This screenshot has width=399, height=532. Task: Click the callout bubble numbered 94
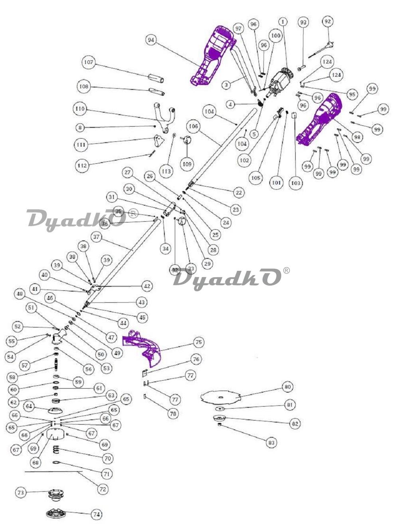(x=151, y=40)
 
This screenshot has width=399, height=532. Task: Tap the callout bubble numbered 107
(x=89, y=62)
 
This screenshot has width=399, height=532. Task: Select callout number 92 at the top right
(x=328, y=21)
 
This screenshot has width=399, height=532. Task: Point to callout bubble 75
(x=198, y=342)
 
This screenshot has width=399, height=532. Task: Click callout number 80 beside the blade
(x=287, y=387)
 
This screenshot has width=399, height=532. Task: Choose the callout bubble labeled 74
(x=97, y=515)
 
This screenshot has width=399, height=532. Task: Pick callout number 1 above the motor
(x=283, y=22)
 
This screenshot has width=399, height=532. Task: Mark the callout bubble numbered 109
(x=187, y=164)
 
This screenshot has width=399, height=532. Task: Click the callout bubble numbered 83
(x=271, y=443)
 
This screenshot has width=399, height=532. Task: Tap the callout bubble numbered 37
(x=96, y=237)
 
